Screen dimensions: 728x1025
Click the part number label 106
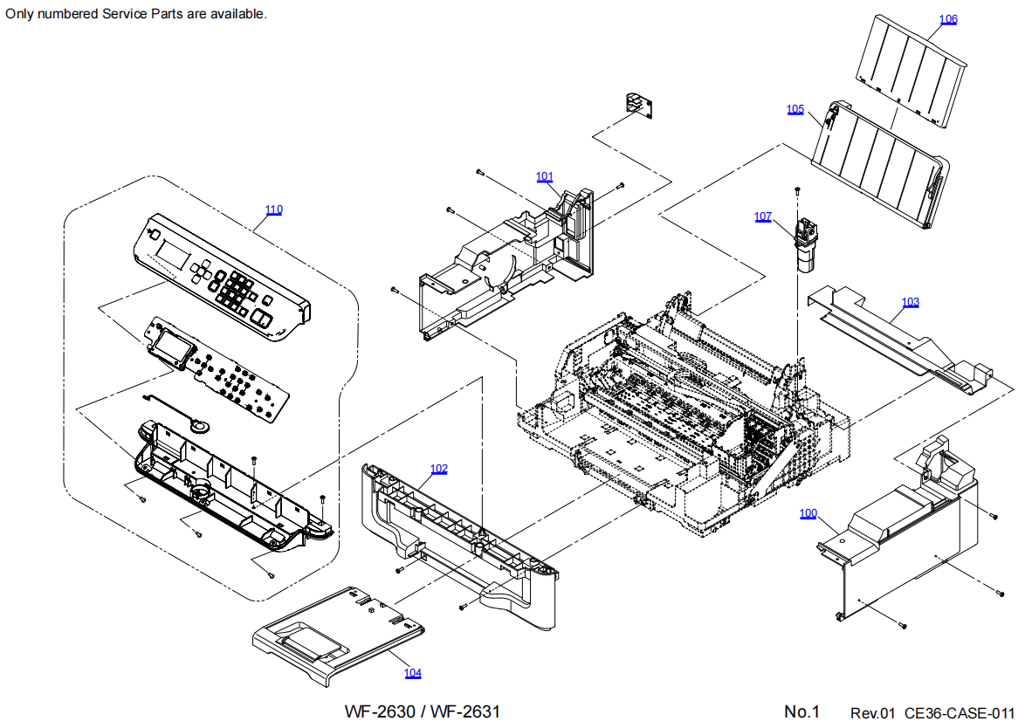(x=948, y=19)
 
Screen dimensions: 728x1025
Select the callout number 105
(x=795, y=109)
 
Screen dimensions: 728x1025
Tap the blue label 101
(x=545, y=176)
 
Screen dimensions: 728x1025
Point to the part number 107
(x=763, y=216)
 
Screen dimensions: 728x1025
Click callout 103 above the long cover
(x=911, y=302)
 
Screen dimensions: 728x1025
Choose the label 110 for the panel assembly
(x=274, y=209)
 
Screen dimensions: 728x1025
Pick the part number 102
(x=438, y=469)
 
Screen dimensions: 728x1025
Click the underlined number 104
(x=412, y=673)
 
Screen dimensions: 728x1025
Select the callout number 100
(x=808, y=513)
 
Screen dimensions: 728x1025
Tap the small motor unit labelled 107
(x=804, y=244)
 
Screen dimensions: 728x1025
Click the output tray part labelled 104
(x=341, y=631)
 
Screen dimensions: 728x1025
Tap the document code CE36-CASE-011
(x=960, y=714)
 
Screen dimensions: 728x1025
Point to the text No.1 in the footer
(x=801, y=712)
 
